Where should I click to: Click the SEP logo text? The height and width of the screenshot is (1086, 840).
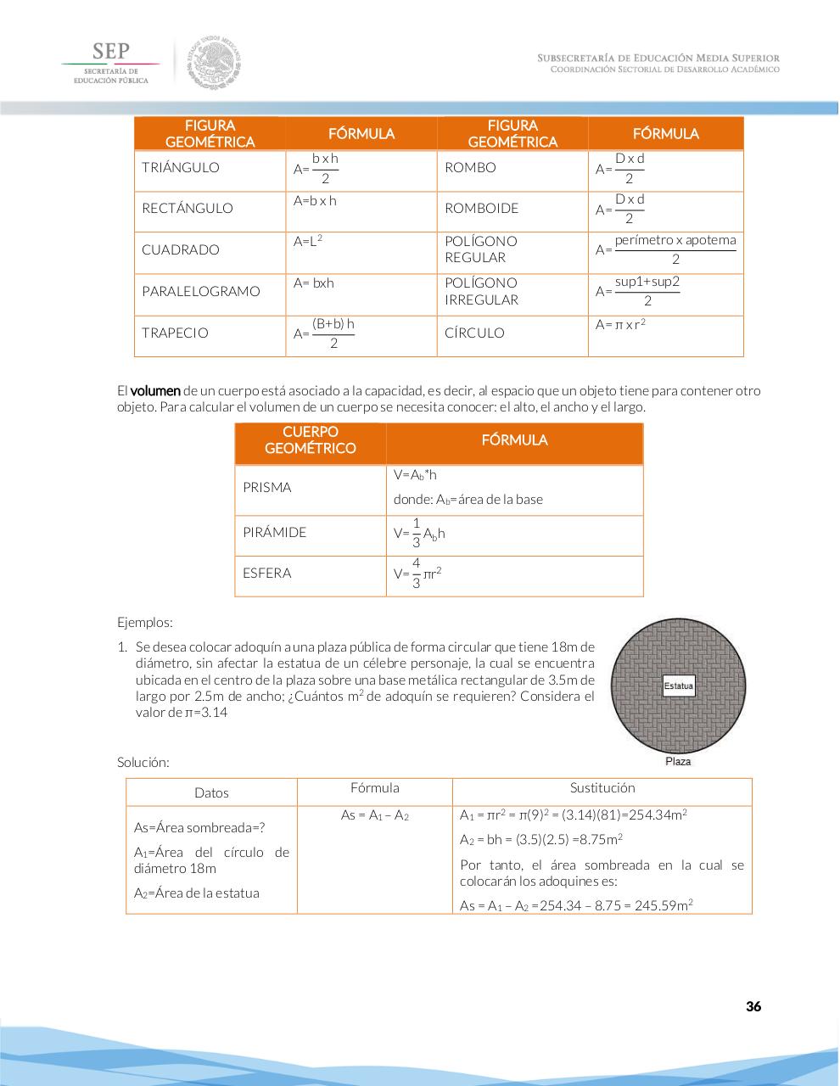tap(110, 51)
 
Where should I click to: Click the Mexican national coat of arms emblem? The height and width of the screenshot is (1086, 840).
tap(216, 62)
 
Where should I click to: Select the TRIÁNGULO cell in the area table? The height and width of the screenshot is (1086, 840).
tap(180, 167)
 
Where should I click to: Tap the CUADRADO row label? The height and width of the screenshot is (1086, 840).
tap(180, 249)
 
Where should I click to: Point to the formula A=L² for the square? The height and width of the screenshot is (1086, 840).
tap(308, 242)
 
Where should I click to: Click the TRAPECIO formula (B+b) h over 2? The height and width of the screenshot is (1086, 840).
tap(332, 333)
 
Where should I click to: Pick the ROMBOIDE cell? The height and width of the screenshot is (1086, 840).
tap(481, 208)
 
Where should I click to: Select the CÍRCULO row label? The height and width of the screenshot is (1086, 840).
tap(474, 333)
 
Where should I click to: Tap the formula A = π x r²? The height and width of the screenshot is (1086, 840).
tap(620, 325)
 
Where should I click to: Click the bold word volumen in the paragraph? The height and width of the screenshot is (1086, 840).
tap(155, 391)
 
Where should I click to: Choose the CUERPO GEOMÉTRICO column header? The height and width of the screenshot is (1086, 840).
tap(310, 440)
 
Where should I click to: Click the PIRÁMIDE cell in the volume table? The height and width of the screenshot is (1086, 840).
tap(274, 532)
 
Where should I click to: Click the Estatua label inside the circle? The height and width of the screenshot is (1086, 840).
tap(678, 686)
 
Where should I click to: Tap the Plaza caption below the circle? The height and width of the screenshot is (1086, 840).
tap(678, 761)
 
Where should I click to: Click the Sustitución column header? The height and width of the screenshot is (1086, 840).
tap(602, 788)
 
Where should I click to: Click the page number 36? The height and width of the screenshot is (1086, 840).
tap(753, 1006)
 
